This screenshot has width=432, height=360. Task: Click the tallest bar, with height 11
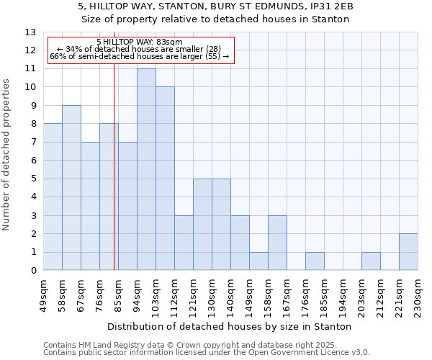coord(146,169)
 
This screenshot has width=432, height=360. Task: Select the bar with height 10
coord(165,179)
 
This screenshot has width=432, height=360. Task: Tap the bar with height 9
coord(71,188)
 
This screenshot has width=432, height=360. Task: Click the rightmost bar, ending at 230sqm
coord(408,252)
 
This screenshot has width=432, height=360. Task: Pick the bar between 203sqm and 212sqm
coord(371,261)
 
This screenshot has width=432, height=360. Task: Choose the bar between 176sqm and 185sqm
coord(315,261)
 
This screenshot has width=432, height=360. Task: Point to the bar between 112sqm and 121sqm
coord(184,243)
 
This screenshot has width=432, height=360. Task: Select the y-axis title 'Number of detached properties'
coord(7,155)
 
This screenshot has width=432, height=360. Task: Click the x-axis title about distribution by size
coord(230,326)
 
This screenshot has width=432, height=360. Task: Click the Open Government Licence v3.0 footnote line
coord(207,353)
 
